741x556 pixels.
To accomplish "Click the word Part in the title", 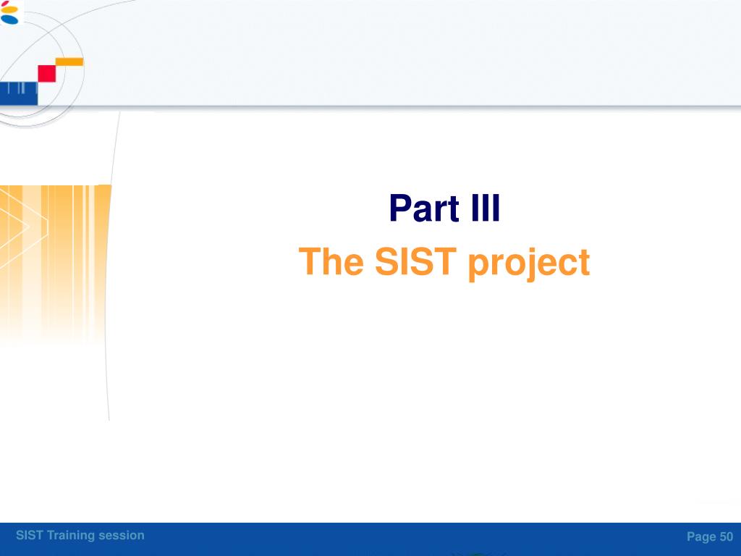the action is (424, 208).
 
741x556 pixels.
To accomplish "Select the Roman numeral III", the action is (486, 208).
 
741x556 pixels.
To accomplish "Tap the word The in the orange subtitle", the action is (331, 261).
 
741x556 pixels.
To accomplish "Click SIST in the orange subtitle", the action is (415, 261).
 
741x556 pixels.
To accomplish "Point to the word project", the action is (529, 264).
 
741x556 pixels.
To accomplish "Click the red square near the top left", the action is (47, 74).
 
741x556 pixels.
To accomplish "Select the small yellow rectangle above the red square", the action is (69, 62).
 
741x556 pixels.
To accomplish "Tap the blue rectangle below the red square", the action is (19, 93).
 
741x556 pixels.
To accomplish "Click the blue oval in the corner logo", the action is (9, 20).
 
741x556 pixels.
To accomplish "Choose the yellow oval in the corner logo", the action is (9, 10).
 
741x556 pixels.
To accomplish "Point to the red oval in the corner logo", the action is (5, 3).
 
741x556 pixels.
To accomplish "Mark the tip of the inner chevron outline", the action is (30, 227).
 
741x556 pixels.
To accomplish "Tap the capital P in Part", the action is (399, 208).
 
